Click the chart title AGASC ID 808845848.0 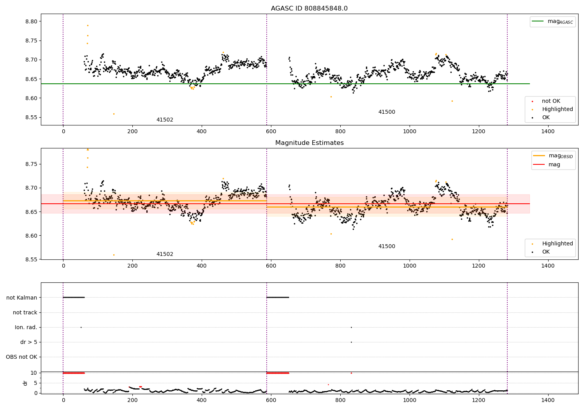pyautogui.click(x=309, y=8)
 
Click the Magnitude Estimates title pyautogui.click(x=310, y=143)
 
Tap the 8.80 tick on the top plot pyautogui.click(x=31, y=21)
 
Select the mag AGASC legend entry pyautogui.click(x=552, y=21)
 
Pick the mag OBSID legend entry pyautogui.click(x=553, y=156)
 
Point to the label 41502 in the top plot pyautogui.click(x=165, y=120)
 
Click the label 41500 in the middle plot pyautogui.click(x=387, y=246)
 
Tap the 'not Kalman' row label pyautogui.click(x=22, y=298)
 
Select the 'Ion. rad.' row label pyautogui.click(x=26, y=327)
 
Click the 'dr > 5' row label pyautogui.click(x=29, y=342)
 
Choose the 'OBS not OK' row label pyautogui.click(x=22, y=357)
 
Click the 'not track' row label pyautogui.click(x=25, y=312)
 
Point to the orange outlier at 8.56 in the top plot pyautogui.click(x=114, y=114)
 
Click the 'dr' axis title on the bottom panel pyautogui.click(x=25, y=383)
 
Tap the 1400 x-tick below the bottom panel pyautogui.click(x=548, y=400)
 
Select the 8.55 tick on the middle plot pyautogui.click(x=31, y=259)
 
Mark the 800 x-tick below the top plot pyautogui.click(x=340, y=132)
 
